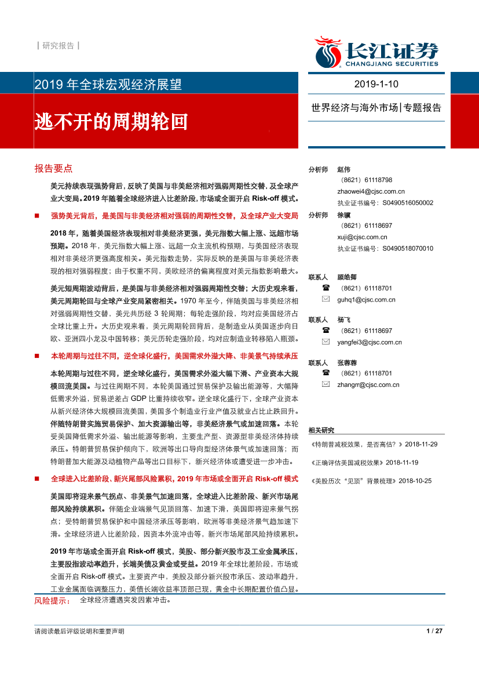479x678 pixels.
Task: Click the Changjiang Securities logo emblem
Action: tap(328, 52)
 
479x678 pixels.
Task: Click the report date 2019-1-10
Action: tap(376, 84)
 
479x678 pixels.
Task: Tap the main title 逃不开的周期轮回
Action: tap(112, 121)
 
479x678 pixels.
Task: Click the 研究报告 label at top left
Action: tap(58, 46)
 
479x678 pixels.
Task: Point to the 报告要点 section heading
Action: tap(53, 169)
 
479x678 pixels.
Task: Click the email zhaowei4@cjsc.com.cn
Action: tap(371, 191)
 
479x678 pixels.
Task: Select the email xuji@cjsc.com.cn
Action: tap(362, 237)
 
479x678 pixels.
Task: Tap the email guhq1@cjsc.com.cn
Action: tap(366, 300)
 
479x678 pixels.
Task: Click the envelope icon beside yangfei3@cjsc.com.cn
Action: tap(326, 342)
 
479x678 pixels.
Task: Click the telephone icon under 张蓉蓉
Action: tap(326, 373)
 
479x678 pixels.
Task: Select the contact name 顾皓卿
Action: tap(348, 277)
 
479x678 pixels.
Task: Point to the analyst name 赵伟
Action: tap(344, 169)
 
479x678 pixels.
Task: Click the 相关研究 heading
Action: tap(321, 430)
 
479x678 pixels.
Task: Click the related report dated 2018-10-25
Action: tap(371, 481)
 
